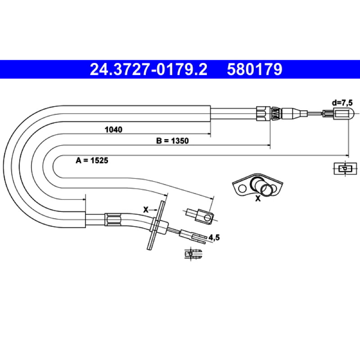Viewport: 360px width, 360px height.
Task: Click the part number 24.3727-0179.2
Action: pos(148,69)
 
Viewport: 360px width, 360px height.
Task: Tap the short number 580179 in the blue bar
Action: pos(254,69)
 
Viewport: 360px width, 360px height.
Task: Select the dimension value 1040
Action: pos(113,130)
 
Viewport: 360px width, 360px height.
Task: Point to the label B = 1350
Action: pos(172,141)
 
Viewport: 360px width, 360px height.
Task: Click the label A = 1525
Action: pos(92,161)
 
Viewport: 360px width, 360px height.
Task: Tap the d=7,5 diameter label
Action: pos(342,103)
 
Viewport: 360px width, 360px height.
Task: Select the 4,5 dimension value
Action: pos(214,238)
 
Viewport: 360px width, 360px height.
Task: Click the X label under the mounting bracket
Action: pos(258,198)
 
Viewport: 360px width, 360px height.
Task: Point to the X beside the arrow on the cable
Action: pos(146,210)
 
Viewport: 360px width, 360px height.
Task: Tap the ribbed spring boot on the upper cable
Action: pos(275,114)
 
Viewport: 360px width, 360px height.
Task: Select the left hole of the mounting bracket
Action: pos(242,189)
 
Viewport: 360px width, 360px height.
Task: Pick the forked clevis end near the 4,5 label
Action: pos(193,237)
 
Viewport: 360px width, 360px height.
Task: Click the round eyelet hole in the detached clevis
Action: pos(207,217)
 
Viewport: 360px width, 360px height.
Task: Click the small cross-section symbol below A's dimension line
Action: pos(345,168)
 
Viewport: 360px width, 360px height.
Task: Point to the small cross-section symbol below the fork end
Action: pos(193,254)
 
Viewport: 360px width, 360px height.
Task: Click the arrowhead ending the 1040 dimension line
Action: pos(209,134)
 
